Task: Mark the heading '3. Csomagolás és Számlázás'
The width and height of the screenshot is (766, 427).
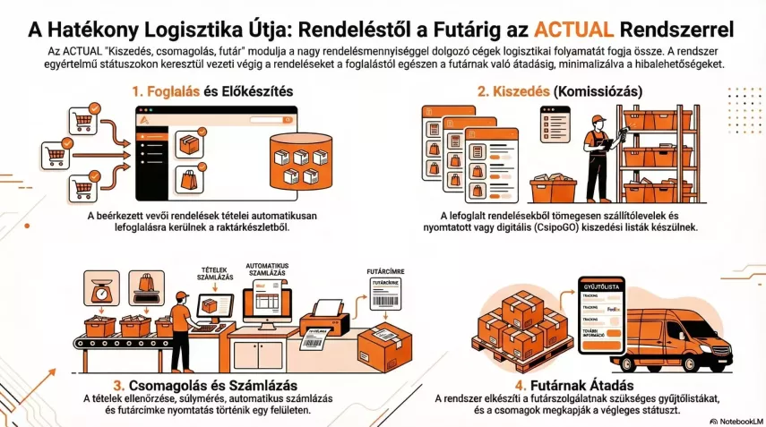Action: pos(196,384)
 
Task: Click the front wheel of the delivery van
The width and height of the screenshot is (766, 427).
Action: pos(713,361)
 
